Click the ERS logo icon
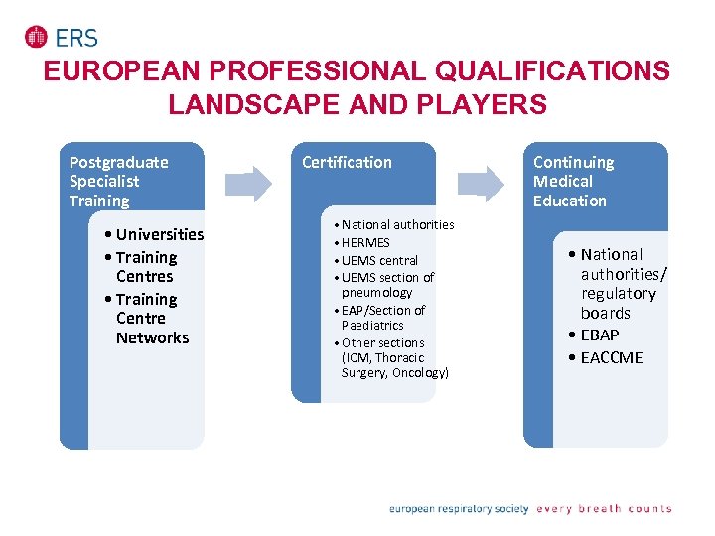[x=36, y=37]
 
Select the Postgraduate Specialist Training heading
[x=118, y=181]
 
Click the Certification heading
[x=347, y=162]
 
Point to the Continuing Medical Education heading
[x=573, y=181]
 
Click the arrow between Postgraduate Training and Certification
[x=248, y=183]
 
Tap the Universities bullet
[x=158, y=234]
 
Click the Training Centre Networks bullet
[x=151, y=318]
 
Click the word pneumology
[x=376, y=293]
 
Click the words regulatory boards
[x=618, y=303]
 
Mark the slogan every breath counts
[x=604, y=509]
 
